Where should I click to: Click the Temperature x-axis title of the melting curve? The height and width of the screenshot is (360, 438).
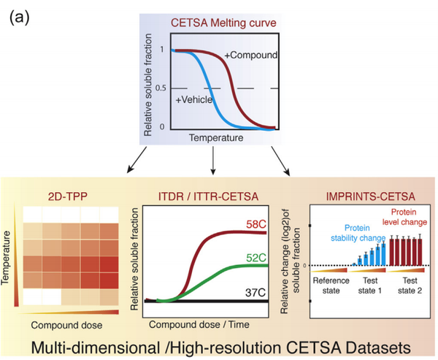pyautogui.click(x=215, y=137)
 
